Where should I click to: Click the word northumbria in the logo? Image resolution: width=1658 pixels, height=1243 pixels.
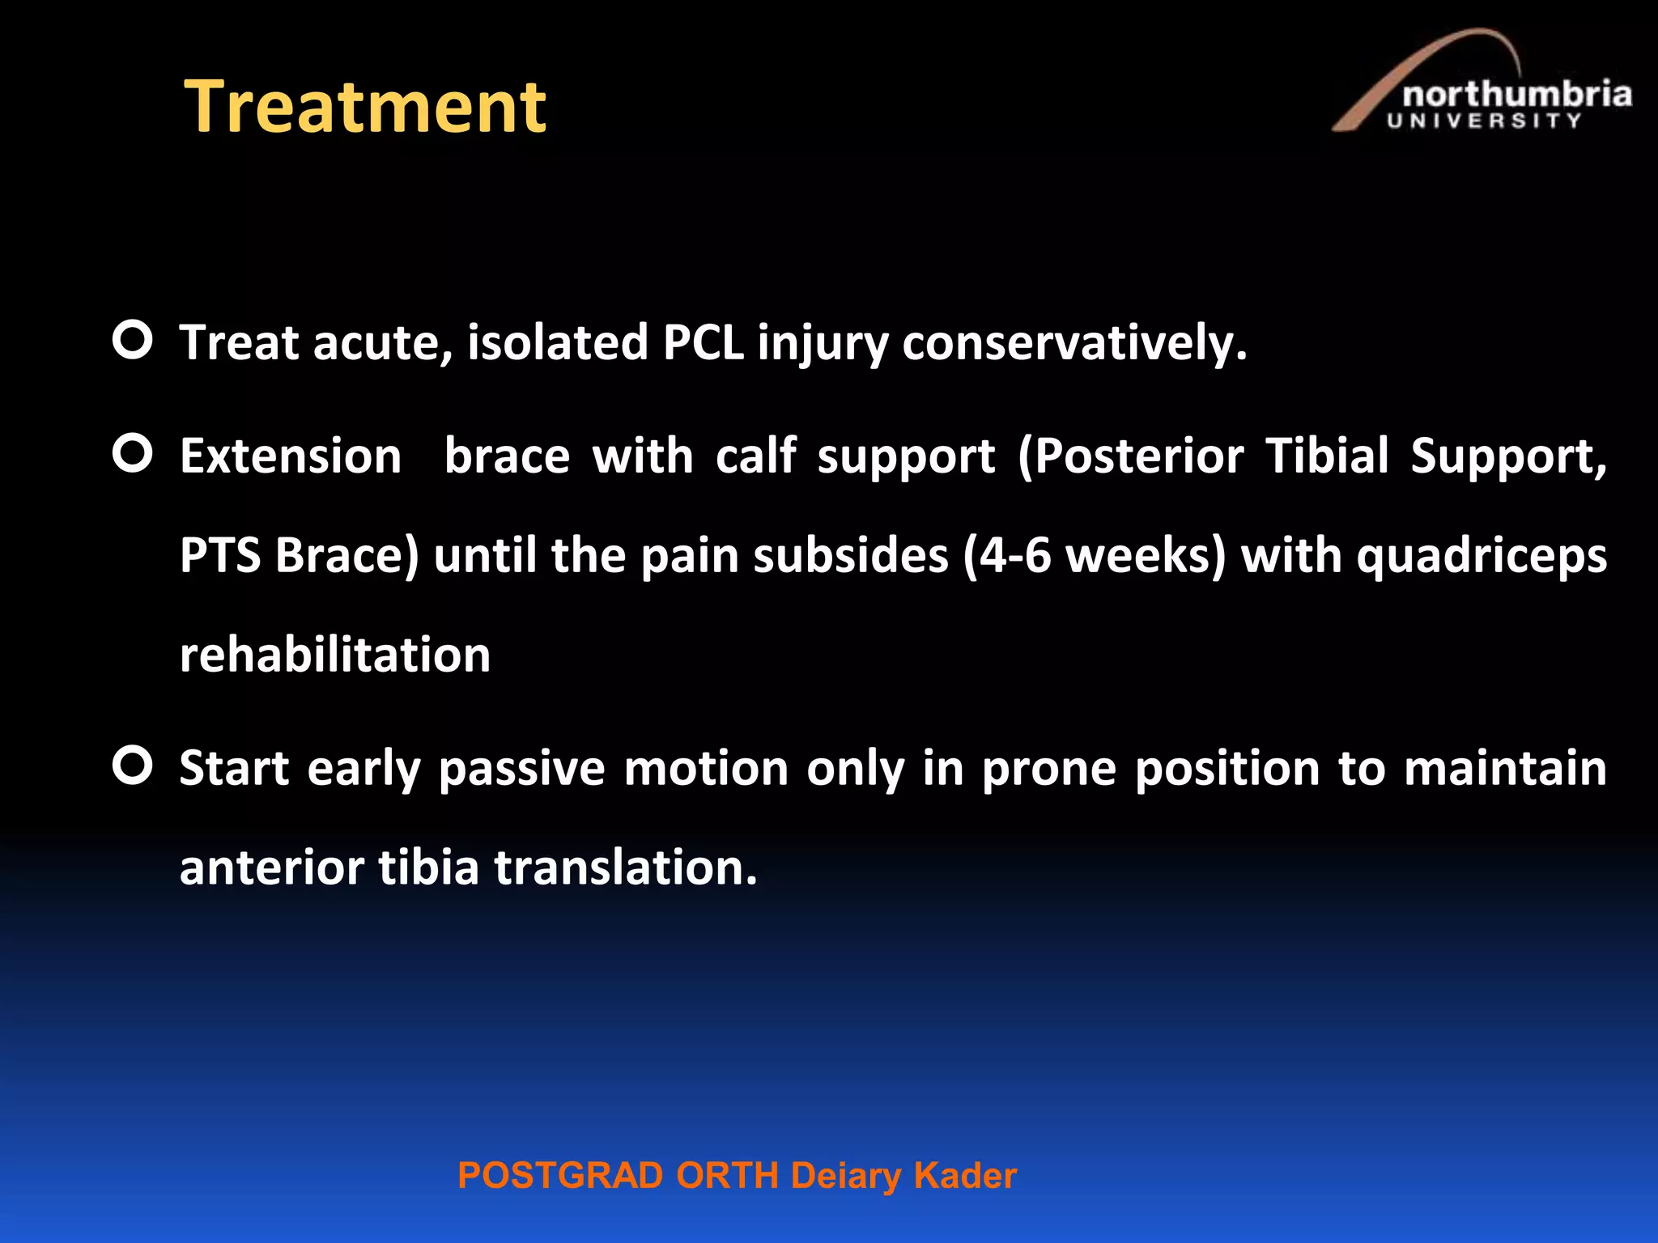(1516, 95)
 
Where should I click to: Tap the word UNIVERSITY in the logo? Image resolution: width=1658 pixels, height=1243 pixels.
(1484, 121)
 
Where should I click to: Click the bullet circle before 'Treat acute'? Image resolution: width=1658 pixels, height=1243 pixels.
(133, 340)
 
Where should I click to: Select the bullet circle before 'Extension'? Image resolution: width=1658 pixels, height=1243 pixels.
(133, 453)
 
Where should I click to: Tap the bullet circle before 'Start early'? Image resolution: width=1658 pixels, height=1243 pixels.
(133, 766)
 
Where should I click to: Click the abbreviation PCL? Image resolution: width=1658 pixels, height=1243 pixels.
(703, 342)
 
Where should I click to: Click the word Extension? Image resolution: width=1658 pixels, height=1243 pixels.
(291, 456)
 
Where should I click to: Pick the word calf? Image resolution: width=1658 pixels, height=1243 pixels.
(755, 456)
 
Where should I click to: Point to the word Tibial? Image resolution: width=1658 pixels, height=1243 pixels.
(1327, 456)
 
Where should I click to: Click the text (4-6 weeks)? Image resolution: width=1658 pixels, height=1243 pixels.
(1095, 557)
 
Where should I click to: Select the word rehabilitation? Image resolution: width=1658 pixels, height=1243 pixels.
(335, 655)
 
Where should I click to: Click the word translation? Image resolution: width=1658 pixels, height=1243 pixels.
(625, 868)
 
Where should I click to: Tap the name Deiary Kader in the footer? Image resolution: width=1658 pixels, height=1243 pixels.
(903, 1176)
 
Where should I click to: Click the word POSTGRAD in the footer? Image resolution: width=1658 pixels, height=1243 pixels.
(560, 1176)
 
